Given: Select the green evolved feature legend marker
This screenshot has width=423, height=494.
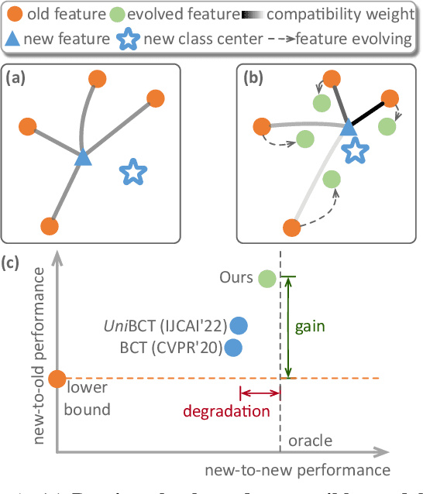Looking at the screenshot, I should point(118,14).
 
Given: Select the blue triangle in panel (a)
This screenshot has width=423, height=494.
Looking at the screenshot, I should point(82,158).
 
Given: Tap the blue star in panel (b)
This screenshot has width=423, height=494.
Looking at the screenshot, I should point(354,151).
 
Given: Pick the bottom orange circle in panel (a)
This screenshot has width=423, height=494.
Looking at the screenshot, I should point(49,226).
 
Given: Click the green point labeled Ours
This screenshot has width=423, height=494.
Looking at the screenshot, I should point(267,278).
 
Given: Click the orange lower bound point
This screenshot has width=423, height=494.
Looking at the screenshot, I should point(56,379).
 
